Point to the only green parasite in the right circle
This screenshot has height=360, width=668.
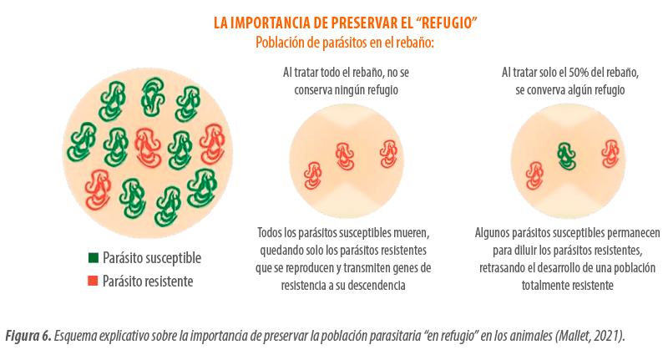[x=567, y=153]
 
